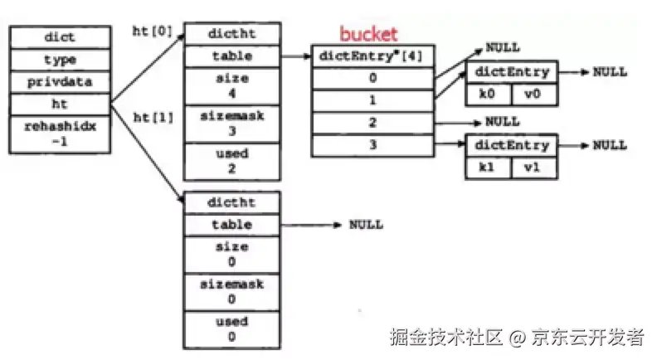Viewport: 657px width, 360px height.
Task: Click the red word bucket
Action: [368, 34]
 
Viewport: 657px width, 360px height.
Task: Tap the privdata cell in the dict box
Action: [60, 82]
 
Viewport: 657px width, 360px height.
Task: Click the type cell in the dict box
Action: [60, 60]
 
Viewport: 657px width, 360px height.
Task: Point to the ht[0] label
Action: [153, 32]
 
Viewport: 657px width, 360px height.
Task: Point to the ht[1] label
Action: [153, 117]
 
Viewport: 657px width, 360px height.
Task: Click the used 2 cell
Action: [231, 161]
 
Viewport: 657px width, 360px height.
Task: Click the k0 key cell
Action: [488, 94]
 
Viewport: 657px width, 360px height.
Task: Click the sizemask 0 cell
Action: [231, 291]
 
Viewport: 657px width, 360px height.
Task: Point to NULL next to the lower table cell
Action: [366, 225]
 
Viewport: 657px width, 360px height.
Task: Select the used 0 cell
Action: [231, 329]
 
